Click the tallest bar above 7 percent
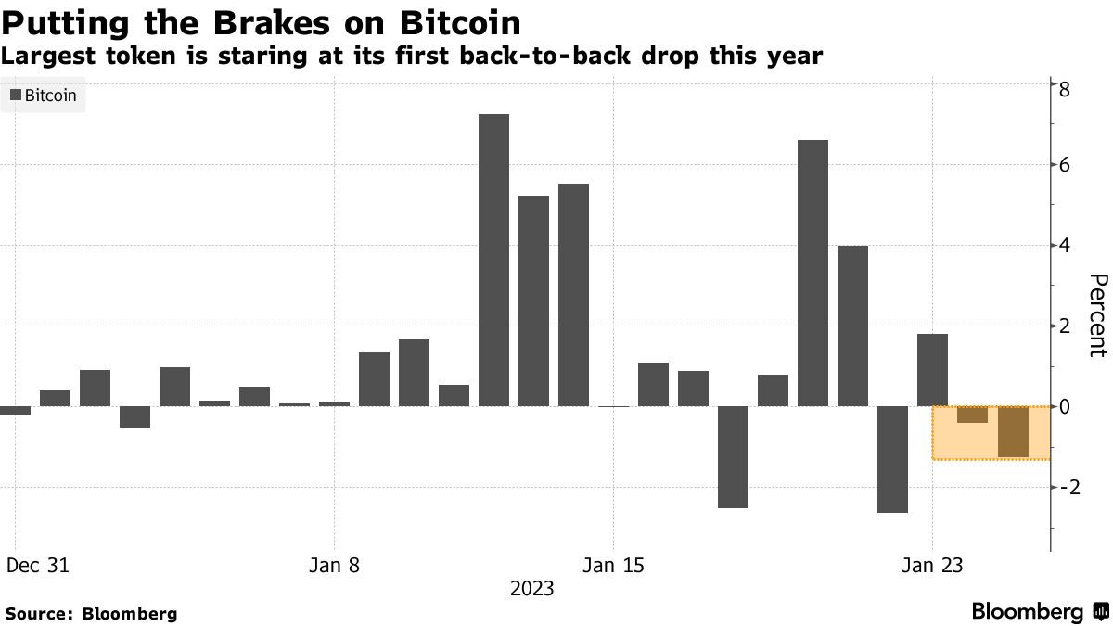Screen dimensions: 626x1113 493,260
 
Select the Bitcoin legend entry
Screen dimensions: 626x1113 44,95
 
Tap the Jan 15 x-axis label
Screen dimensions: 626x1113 613,565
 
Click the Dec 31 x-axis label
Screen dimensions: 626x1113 38,565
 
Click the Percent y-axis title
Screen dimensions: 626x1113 1097,315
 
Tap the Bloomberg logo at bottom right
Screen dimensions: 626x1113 1039,612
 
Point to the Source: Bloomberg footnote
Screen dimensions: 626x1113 91,613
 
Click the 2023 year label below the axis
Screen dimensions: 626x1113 531,588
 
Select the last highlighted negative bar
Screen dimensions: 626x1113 1013,432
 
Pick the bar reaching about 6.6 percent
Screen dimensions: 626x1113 812,273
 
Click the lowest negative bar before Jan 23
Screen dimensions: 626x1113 892,459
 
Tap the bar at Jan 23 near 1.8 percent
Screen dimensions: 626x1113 932,369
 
